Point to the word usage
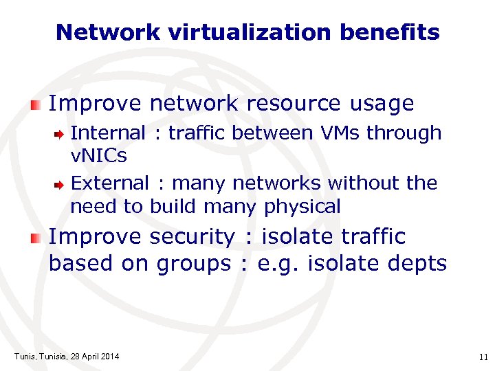pos(382,104)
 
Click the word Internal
pos(108,133)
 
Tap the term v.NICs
pos(99,156)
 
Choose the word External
pos(109,183)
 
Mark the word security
pos(192,237)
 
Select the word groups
pos(194,264)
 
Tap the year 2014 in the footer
pos(109,356)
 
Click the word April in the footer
pos(87,356)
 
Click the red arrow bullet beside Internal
pos(60,133)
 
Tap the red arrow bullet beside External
pos(60,184)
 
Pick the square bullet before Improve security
pos(36,238)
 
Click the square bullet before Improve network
pos(36,104)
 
